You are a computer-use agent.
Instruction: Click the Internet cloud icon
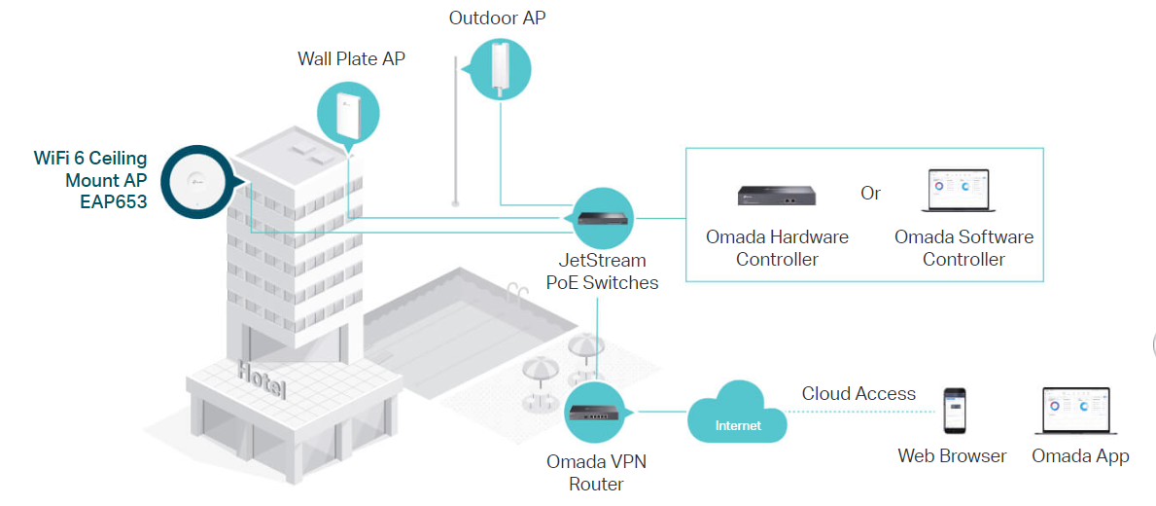tap(738, 416)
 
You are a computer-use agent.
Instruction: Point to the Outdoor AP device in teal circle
tap(501, 67)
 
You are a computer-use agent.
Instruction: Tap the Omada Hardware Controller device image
tap(776, 195)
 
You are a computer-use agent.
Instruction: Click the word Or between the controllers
tap(870, 193)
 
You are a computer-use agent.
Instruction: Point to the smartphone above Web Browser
tap(955, 411)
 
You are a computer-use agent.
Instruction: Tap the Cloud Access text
tap(858, 394)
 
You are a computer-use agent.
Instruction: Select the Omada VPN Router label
tap(597, 472)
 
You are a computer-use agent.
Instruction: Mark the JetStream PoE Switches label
tap(602, 271)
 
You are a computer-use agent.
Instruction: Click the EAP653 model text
tap(114, 202)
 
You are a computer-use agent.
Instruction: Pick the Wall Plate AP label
tap(351, 59)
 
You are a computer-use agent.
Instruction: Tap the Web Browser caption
tap(952, 455)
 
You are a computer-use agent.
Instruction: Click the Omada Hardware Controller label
tap(777, 248)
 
